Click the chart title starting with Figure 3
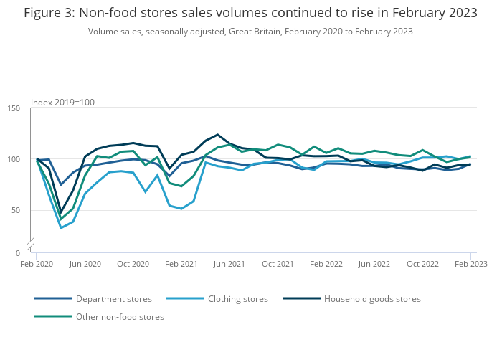coord(250,13)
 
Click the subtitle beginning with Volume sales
coord(250,32)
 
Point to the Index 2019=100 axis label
coord(63,103)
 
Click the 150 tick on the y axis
coord(14,108)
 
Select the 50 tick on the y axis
coord(16,210)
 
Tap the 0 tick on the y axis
coord(19,253)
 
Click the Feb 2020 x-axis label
coord(37,264)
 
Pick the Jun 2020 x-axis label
coord(85,264)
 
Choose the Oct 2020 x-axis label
coord(133,264)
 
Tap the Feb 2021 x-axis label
coord(181,264)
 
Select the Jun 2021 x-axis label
coord(229,264)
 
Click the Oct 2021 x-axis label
coord(278,264)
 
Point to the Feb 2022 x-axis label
coord(326,264)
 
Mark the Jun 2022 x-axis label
coord(374,264)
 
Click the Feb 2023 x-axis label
coord(470,264)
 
